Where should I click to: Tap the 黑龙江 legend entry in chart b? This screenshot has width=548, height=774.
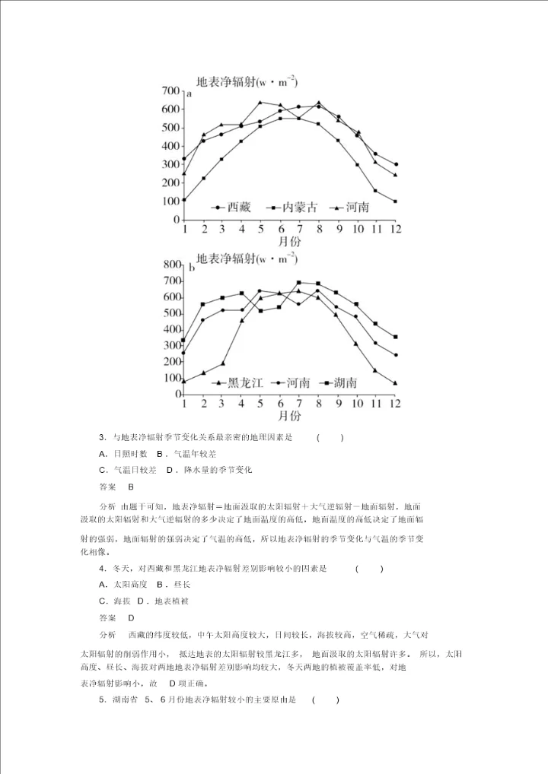tap(237, 382)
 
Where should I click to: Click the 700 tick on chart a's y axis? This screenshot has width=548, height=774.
tap(170, 91)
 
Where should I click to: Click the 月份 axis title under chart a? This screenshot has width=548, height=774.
tap(288, 241)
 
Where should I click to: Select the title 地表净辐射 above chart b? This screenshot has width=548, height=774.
tap(225, 258)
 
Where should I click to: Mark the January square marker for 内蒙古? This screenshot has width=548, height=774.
tap(184, 200)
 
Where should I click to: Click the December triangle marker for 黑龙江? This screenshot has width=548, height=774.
tap(396, 383)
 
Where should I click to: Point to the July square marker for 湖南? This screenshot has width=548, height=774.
tap(299, 282)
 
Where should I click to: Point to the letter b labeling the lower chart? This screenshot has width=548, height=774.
tap(192, 268)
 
